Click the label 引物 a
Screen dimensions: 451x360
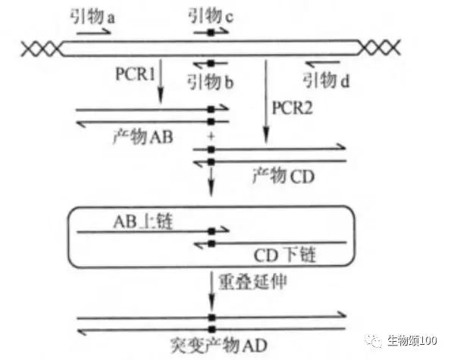click(x=92, y=17)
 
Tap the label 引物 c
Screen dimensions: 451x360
click(x=211, y=15)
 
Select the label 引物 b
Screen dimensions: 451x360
click(x=210, y=81)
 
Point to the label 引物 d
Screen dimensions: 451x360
click(x=327, y=80)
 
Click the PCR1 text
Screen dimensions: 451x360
click(x=135, y=74)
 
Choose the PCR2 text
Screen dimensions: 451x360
click(x=292, y=108)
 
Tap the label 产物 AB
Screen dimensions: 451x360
click(x=143, y=136)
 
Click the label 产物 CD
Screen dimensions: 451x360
click(x=283, y=176)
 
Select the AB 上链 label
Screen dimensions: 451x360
click(x=143, y=221)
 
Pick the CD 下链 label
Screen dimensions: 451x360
click(x=285, y=255)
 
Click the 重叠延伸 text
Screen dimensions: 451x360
click(x=252, y=282)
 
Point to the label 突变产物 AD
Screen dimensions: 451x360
click(x=218, y=345)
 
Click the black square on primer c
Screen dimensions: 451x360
click(x=211, y=32)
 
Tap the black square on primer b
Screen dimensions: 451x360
click(x=211, y=63)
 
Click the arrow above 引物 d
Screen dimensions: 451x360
click(x=322, y=63)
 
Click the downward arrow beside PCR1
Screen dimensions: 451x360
click(x=161, y=81)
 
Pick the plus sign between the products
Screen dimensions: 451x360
click(x=211, y=136)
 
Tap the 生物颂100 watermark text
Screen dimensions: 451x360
click(x=412, y=340)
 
